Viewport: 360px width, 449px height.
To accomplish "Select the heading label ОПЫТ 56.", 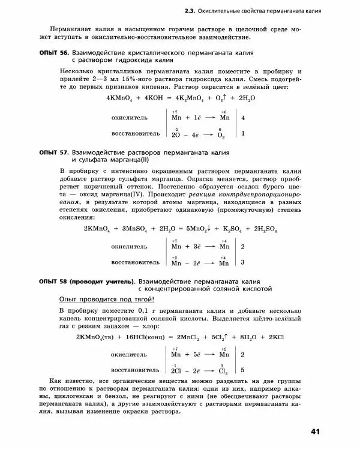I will pyautogui.click(x=52, y=53).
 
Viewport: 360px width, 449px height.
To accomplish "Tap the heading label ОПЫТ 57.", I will pyautogui.click(x=52, y=153).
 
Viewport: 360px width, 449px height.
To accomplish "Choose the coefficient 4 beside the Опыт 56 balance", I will pyautogui.click(x=243, y=118).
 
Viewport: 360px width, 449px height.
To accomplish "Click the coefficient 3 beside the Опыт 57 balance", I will pyautogui.click(x=242, y=262).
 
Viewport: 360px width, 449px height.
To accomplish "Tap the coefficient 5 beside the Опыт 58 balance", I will pyautogui.click(x=242, y=370).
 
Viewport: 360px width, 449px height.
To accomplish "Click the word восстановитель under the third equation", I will pyautogui.click(x=136, y=370).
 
